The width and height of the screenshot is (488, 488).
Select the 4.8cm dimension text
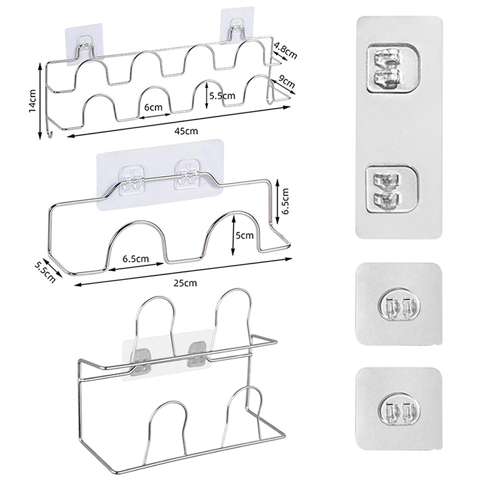285,51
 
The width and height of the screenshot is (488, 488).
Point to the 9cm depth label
285,82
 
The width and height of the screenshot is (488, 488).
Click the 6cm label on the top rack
153,107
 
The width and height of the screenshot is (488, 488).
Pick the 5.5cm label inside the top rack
222,96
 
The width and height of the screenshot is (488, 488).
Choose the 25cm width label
186,283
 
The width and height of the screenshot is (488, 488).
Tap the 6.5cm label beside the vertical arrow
285,201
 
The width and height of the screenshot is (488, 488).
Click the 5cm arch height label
245,235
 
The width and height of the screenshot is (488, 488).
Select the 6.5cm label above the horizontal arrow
135,259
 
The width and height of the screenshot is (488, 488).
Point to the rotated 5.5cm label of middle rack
45,271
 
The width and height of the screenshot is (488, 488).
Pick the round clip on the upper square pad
400,307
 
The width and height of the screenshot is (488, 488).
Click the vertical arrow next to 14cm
40,101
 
